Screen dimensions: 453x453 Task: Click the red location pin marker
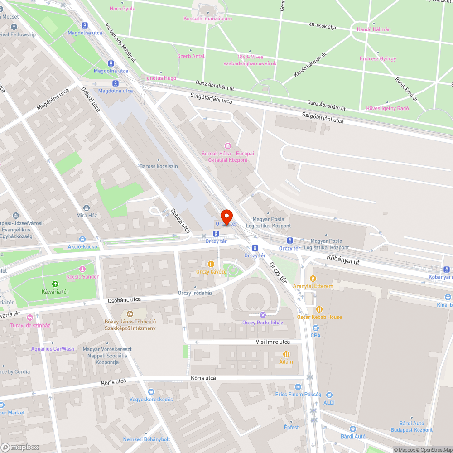(226, 216)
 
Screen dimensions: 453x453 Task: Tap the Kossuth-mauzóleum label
(208, 19)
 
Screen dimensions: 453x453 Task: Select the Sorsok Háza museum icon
(227, 146)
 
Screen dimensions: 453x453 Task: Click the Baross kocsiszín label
(158, 166)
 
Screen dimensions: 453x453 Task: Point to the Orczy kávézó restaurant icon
(211, 264)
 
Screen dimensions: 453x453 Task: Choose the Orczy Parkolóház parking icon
(262, 315)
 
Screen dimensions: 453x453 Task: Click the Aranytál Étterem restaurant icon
(313, 279)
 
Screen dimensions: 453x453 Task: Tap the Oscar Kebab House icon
(319, 309)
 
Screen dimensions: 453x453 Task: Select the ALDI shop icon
(329, 395)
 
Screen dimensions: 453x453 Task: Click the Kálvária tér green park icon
(55, 284)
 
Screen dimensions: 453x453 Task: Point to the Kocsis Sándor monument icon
(82, 269)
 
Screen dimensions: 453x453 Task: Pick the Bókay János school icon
(130, 313)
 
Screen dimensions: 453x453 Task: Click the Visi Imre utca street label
(272, 342)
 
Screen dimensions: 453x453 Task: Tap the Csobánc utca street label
(124, 300)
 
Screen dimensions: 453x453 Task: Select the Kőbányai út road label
(343, 260)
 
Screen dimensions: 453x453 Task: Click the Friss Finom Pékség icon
(298, 387)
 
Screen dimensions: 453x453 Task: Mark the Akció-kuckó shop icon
(82, 239)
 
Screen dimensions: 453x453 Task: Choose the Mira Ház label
(87, 215)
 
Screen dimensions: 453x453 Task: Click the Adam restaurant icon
(286, 354)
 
